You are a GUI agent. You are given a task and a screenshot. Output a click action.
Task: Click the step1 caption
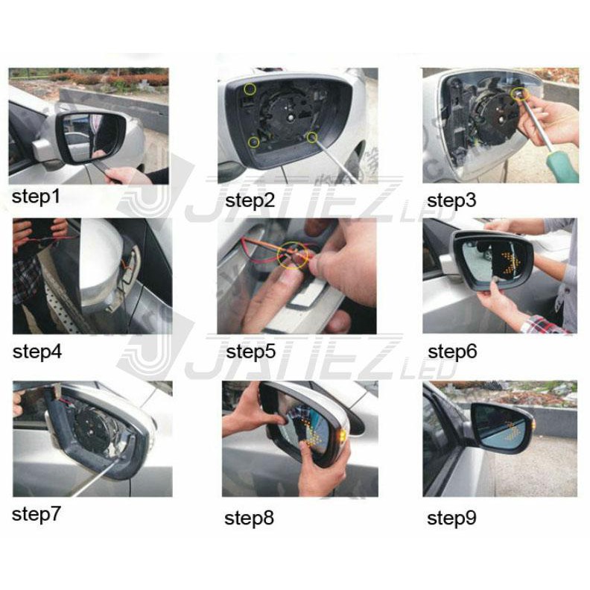tap(36, 197)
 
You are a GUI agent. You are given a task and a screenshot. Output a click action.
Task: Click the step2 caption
tap(250, 200)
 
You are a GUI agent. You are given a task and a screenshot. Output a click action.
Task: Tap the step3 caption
tap(451, 200)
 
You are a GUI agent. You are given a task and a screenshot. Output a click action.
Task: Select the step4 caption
tap(37, 352)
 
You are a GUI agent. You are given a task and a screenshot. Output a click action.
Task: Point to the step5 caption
tap(250, 352)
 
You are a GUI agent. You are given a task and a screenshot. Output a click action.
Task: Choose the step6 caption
tap(452, 352)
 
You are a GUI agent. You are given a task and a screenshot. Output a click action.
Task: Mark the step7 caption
tap(36, 514)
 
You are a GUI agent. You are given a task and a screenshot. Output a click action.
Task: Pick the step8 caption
tap(249, 518)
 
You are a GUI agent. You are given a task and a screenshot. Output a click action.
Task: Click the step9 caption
tap(451, 518)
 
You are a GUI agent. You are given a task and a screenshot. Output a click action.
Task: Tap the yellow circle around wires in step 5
tap(292, 256)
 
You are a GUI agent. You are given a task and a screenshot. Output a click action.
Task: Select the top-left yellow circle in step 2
tap(250, 89)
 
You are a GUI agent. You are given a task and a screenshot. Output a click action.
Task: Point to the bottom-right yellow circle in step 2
tap(311, 138)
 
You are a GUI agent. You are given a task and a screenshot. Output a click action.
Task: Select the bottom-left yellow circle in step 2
tap(254, 142)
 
